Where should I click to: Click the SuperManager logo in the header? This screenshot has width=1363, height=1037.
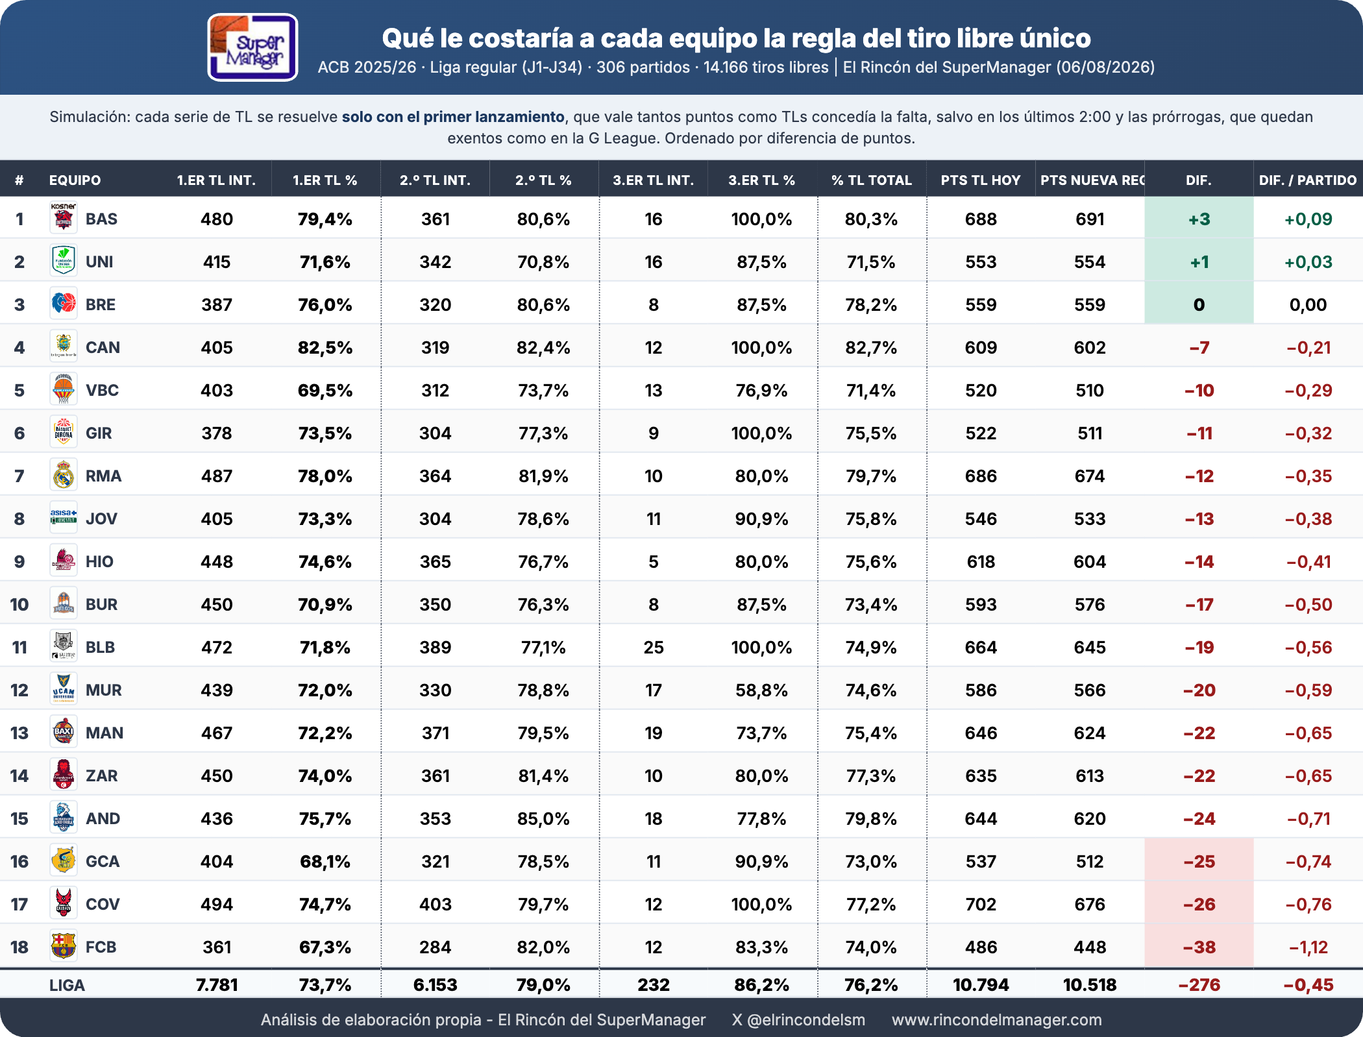[252, 47]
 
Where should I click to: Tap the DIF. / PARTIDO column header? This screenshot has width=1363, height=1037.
[1308, 180]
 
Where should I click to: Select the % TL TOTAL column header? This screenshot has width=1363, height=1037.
[872, 180]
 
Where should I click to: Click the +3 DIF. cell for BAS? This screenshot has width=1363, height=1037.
[1199, 219]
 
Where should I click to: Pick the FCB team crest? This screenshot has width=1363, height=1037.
[64, 946]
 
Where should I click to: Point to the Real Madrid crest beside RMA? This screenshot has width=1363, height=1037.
[64, 475]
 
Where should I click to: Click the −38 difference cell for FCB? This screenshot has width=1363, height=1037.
[1199, 947]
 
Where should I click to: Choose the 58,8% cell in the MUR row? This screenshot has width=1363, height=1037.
[761, 690]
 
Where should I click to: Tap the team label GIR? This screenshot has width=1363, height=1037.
[99, 433]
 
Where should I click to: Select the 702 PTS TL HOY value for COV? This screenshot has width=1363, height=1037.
[981, 905]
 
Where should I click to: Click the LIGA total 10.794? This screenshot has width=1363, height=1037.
[981, 985]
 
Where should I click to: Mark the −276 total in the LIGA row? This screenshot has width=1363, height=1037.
[1199, 985]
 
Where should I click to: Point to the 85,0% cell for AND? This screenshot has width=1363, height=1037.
[543, 819]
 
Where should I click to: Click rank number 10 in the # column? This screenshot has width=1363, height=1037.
[19, 605]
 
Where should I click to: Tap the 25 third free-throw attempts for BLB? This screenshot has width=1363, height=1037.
[654, 648]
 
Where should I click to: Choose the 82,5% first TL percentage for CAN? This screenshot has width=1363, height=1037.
[325, 348]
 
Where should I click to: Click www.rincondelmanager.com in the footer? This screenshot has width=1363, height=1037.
[997, 1019]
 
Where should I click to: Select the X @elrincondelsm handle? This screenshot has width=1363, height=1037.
[798, 1019]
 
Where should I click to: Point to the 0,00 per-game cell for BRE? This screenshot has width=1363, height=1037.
[1308, 305]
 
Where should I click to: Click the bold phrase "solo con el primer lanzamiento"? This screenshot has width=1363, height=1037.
[453, 117]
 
